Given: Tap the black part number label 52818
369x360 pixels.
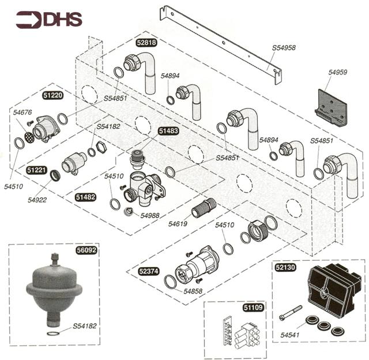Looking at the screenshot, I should (x=146, y=42).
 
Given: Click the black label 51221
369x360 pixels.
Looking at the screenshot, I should (x=37, y=171).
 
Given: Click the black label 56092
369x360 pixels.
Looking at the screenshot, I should (x=86, y=251).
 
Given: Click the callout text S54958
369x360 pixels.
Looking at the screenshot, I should (x=284, y=48).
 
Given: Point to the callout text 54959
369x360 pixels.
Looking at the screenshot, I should (x=338, y=73).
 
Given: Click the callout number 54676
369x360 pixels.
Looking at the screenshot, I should (x=23, y=112).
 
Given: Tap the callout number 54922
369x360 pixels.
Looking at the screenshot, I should (x=37, y=200).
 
